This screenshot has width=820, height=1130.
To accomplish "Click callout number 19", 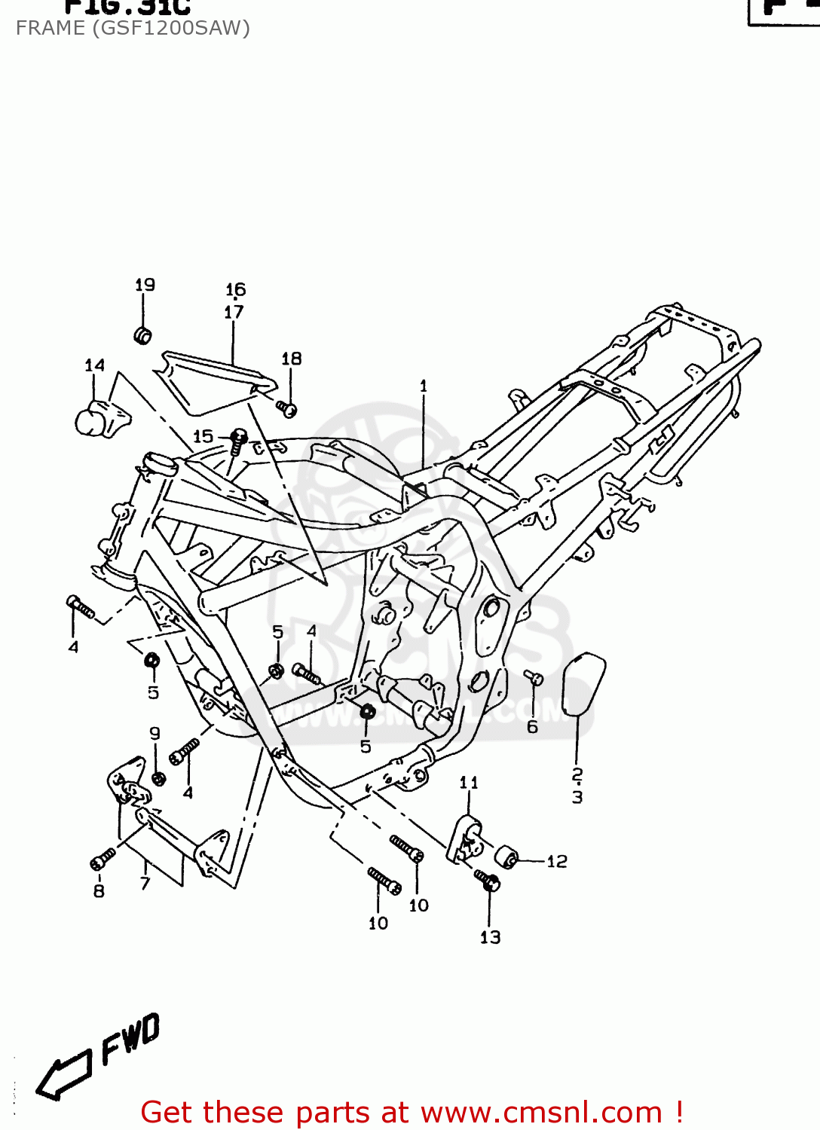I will point(145,285).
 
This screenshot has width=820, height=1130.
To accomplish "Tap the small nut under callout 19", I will point(142,335).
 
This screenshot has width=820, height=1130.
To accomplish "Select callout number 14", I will point(94,365).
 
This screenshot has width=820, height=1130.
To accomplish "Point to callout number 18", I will point(291,359).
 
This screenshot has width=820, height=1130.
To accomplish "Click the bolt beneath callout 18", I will point(286,409).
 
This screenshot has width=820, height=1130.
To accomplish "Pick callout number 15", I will point(203,436).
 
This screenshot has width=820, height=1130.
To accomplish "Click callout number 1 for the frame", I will point(424,386).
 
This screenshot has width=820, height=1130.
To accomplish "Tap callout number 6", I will point(532,727).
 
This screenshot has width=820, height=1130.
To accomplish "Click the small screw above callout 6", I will point(534,677).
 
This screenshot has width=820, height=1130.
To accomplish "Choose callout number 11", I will point(469,783).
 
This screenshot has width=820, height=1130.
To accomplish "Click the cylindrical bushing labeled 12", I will point(509,857).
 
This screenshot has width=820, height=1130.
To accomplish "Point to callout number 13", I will point(490,937).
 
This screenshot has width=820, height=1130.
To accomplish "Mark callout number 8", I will point(99,891).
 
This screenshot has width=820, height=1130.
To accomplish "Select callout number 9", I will point(155,733).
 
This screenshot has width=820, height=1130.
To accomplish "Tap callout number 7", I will point(145,884).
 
